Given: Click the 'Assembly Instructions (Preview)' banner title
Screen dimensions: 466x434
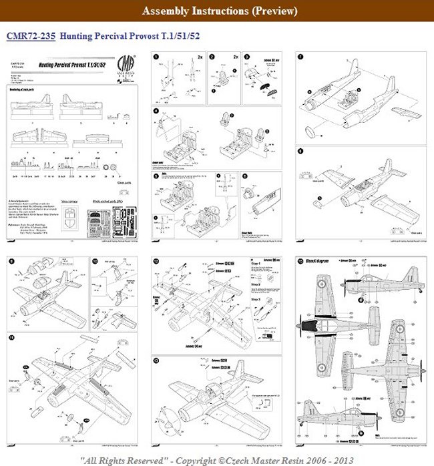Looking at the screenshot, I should (x=217, y=11).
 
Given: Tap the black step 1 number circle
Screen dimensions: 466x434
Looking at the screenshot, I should (x=156, y=58).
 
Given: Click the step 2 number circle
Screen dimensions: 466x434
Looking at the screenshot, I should (x=212, y=58).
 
